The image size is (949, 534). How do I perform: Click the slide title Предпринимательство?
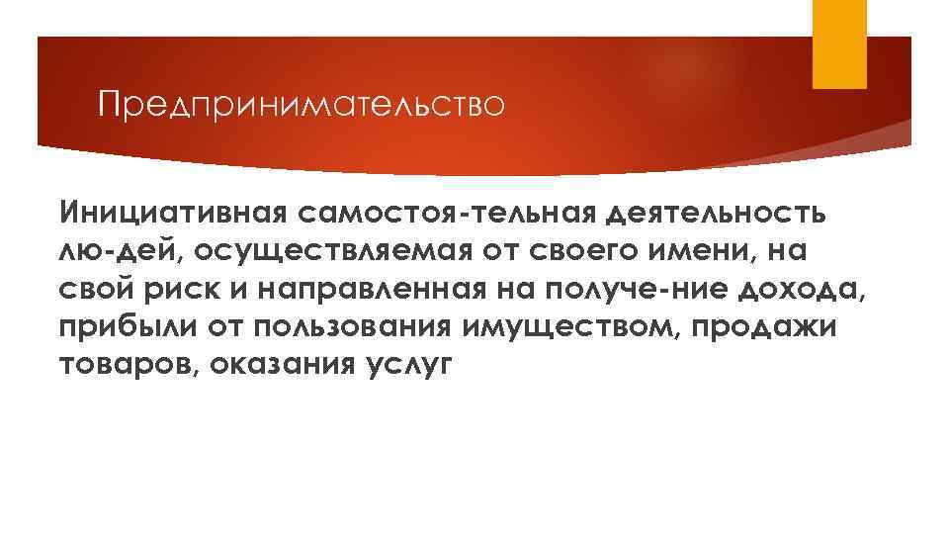[x=302, y=104]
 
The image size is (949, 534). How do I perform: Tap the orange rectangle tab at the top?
[x=838, y=44]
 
